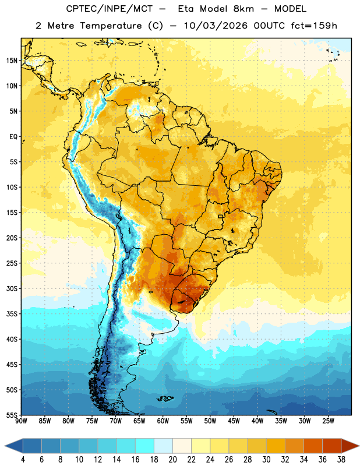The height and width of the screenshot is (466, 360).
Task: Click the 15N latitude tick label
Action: tap(12, 61)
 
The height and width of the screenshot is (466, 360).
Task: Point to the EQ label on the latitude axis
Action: tap(13, 137)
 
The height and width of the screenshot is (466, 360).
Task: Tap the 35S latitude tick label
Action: tap(12, 314)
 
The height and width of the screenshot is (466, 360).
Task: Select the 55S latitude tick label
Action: tap(12, 415)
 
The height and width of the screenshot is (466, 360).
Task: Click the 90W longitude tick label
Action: tap(21, 421)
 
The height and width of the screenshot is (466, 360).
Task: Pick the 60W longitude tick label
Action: tap(163, 421)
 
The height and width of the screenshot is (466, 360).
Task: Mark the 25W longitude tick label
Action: tap(328, 421)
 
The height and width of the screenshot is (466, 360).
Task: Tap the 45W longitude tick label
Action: tap(234, 421)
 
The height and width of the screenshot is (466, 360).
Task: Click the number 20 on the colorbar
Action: tap(172, 460)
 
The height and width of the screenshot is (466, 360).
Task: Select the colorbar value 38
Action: tap(341, 460)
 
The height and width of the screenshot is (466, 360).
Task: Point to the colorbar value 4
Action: tap(23, 460)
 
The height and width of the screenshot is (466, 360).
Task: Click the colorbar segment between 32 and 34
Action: tap(294, 446)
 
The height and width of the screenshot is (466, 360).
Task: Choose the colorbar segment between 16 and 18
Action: tap(144, 446)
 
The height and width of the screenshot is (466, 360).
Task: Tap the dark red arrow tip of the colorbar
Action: tap(358, 446)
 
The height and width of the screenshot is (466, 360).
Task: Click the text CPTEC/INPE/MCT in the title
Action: tap(110, 9)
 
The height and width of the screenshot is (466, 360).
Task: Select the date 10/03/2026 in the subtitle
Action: tap(216, 26)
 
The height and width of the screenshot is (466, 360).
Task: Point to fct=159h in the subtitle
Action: tap(314, 26)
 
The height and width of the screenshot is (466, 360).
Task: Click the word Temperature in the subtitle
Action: tap(111, 26)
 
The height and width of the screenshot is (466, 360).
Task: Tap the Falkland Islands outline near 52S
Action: tap(165, 398)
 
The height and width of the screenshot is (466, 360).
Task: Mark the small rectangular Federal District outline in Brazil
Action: tap(221, 216)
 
